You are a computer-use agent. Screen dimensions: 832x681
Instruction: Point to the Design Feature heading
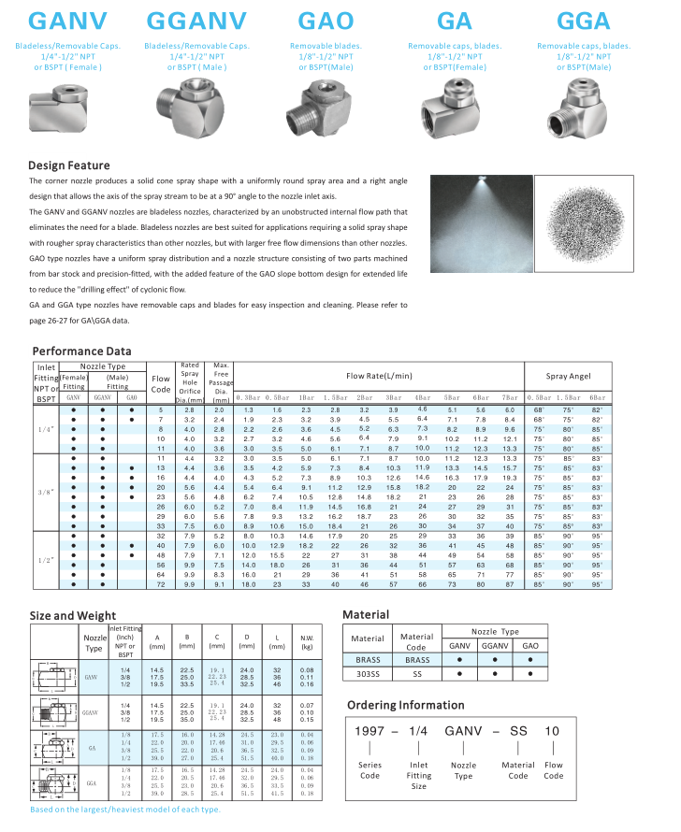69,165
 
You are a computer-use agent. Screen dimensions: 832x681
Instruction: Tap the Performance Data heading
81,351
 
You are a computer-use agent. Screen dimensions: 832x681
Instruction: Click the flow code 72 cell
161,584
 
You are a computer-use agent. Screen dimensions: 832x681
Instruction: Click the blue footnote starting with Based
125,810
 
